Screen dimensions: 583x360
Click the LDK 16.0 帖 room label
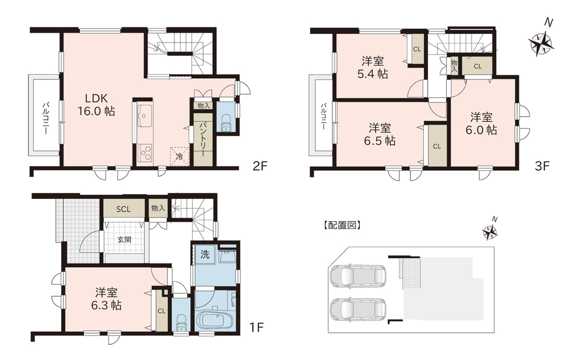tap(96, 104)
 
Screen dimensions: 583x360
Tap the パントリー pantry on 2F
tap(203, 138)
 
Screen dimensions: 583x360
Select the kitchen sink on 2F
tap(144, 116)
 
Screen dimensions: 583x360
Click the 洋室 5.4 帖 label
tap(373, 67)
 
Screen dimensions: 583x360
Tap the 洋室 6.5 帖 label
tap(380, 134)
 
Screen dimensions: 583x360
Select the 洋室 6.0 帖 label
tap(481, 124)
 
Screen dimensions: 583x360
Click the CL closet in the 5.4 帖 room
tap(417, 49)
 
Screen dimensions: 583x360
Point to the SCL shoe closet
tap(124, 209)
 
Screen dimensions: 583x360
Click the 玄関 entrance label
tap(125, 240)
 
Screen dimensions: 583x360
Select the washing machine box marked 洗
tap(205, 254)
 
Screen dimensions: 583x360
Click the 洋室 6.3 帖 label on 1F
tap(106, 299)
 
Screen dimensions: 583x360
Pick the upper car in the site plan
tap(358, 277)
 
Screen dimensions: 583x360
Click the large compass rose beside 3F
tap(542, 43)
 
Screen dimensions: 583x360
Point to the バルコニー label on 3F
tap(324, 116)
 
